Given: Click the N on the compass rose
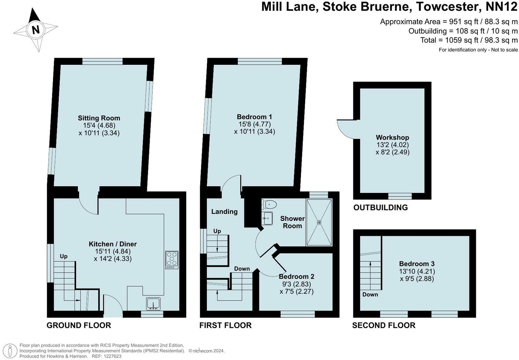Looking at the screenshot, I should (x=36, y=30).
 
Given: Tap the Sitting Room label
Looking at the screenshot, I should (x=99, y=118).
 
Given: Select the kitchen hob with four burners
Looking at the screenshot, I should (x=172, y=260).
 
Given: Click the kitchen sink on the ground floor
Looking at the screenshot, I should (x=153, y=303).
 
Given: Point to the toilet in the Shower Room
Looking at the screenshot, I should (x=269, y=204).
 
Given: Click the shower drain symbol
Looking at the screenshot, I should (x=319, y=222).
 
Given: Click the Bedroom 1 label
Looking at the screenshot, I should (x=254, y=117).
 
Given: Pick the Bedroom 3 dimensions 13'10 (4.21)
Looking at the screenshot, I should (x=417, y=271).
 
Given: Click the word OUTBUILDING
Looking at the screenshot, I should (x=380, y=208).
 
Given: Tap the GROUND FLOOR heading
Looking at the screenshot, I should (x=79, y=325).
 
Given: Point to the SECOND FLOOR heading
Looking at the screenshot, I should (x=384, y=325).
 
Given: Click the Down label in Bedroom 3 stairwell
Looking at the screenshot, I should (x=370, y=294).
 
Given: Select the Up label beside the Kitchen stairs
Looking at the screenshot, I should (x=63, y=256).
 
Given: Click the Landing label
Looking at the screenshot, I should (x=224, y=211).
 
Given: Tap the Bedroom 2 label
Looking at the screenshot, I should (x=296, y=276).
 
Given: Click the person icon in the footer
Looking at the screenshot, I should (x=12, y=351).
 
